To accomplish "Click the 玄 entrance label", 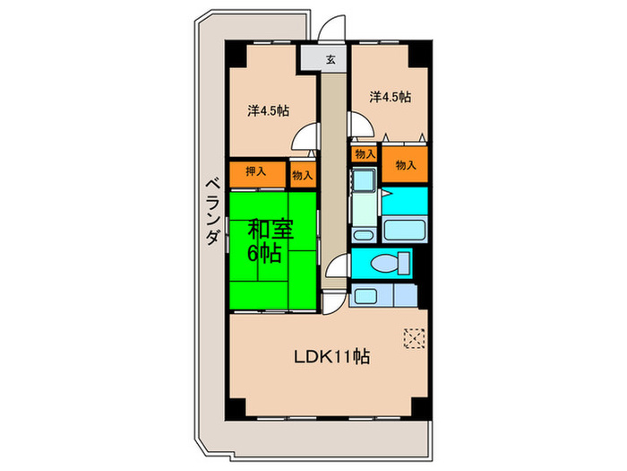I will point(331,60).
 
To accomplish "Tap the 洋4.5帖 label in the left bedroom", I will point(268,110).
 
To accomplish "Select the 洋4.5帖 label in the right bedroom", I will point(391,96).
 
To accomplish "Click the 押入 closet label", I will point(256,171).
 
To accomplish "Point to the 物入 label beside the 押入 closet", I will point(302,176).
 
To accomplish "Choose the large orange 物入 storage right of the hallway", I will point(406,165).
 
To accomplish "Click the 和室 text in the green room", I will point(269,230).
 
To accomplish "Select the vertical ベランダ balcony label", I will point(211,212).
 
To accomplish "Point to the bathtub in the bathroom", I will point(405,228).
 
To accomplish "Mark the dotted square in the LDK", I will point(415,337).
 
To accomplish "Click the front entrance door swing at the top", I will point(337,27).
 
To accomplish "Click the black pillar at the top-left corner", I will point(235,53).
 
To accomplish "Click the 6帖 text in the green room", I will point(266,254).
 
